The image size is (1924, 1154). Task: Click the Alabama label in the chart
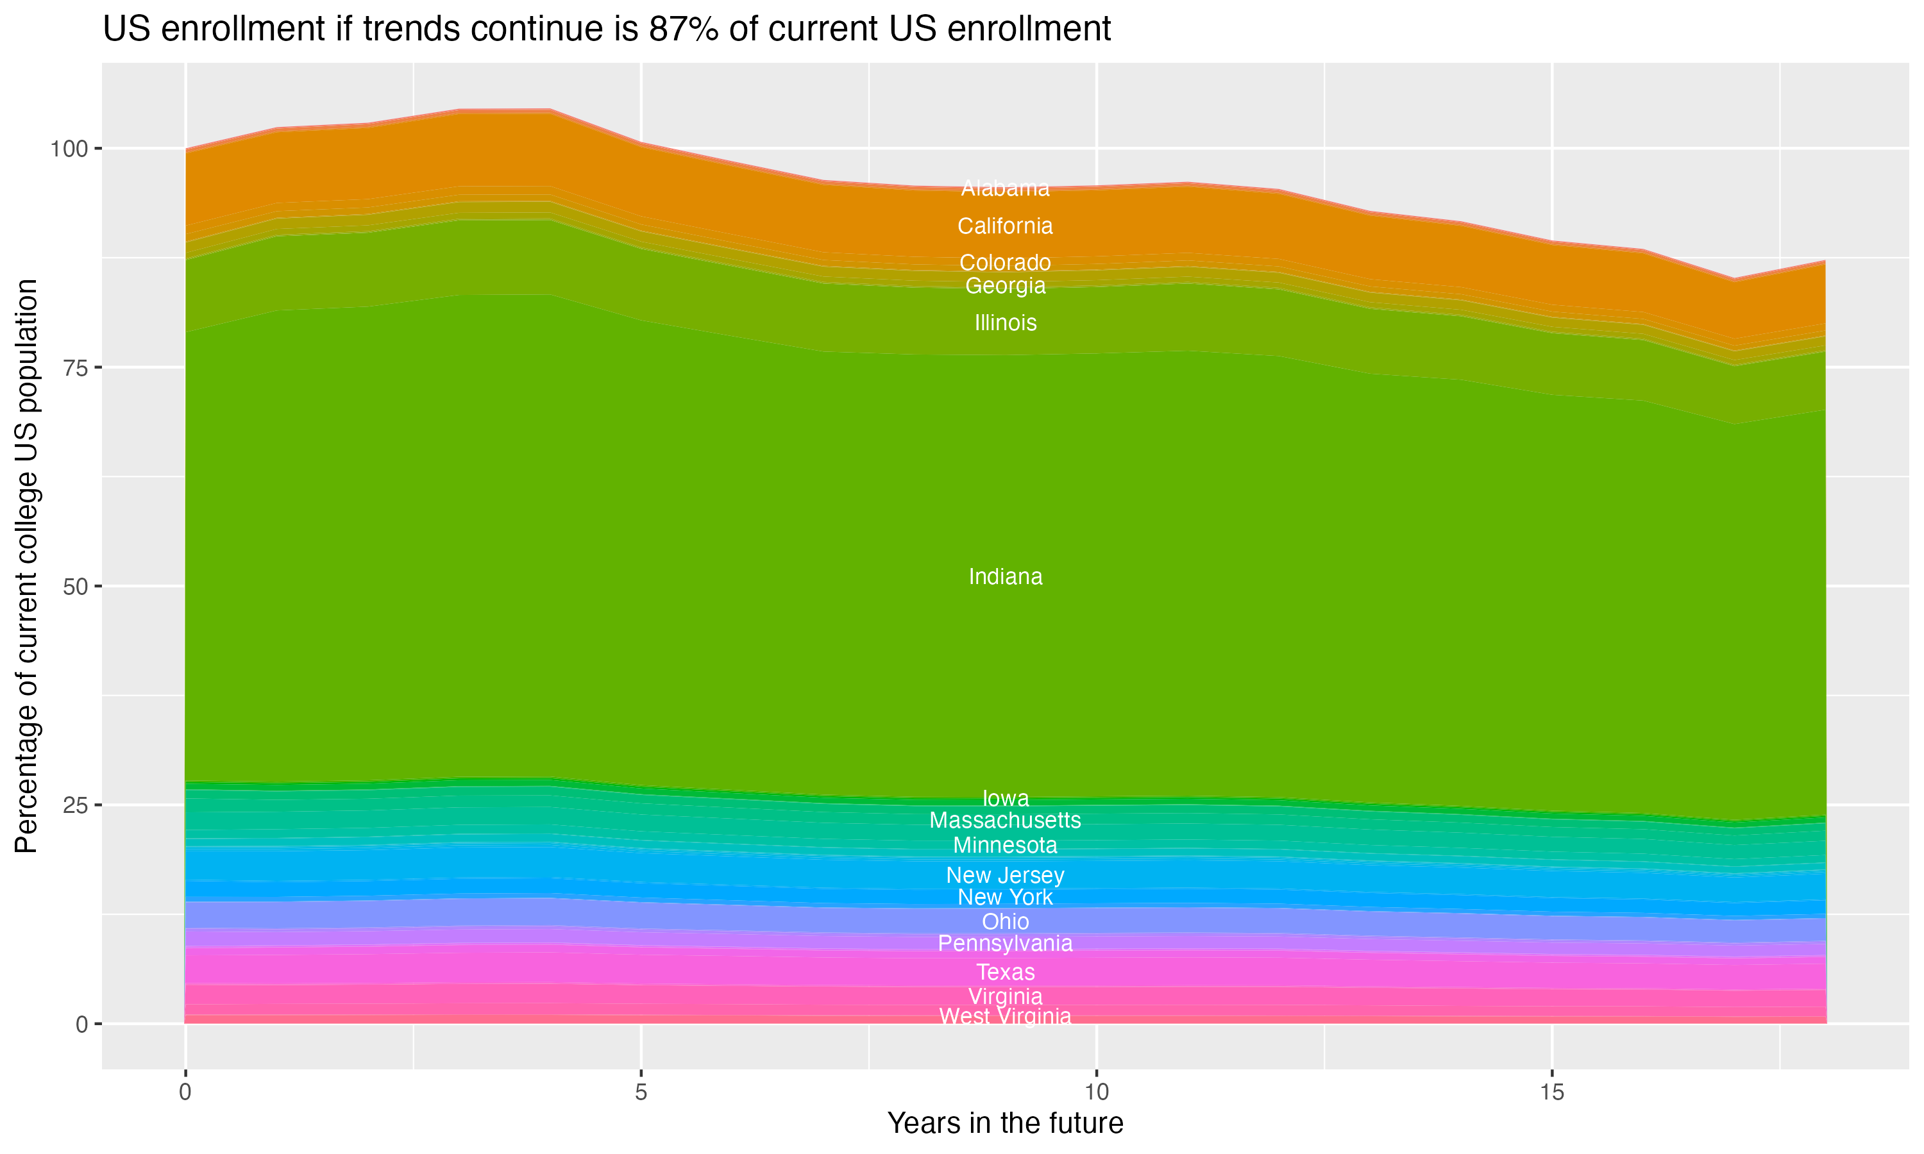[1005, 188]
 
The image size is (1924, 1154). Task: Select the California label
[1005, 226]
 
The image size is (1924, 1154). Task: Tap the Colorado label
[1005, 263]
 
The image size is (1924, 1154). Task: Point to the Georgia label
[1005, 286]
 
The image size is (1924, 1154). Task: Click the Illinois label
[1005, 322]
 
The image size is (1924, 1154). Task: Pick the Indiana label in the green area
[1005, 577]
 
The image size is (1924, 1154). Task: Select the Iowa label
[1005, 799]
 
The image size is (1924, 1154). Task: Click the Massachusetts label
[1005, 821]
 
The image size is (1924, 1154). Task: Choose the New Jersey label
[1005, 876]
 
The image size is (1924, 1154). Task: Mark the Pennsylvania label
[1005, 944]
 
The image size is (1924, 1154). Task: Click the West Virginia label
[1005, 1016]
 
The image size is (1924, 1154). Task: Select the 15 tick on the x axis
[1551, 1092]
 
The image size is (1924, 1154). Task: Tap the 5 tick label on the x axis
[641, 1092]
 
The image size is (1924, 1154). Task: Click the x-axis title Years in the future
[1005, 1124]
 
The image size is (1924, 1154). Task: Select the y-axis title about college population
[26, 566]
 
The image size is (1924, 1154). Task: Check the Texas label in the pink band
[1005, 973]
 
